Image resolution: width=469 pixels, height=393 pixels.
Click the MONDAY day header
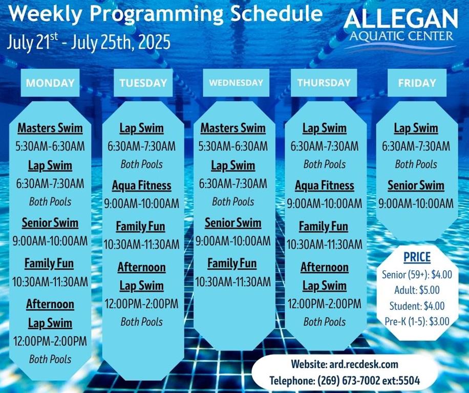coord(50,83)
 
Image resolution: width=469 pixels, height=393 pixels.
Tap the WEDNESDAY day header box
coord(236,83)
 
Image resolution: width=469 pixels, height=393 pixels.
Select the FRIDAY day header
coord(417,83)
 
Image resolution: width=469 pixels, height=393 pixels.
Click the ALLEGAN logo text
coord(401,18)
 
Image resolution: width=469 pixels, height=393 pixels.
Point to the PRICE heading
coord(417,257)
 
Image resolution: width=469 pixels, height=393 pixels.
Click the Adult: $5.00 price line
coord(417,290)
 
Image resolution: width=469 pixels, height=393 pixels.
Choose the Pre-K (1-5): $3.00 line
coord(417,321)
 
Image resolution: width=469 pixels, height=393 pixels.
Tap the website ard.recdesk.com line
coord(345,364)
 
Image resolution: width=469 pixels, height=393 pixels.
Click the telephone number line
coord(345,381)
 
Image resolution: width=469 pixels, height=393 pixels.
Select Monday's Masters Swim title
coord(50,128)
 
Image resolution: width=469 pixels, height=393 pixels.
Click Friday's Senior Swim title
coord(416,185)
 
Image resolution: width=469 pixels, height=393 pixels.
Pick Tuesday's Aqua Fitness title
coord(141,186)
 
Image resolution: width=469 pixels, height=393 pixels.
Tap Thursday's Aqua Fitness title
coord(325,186)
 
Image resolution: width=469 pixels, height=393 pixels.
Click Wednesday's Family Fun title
coord(232,264)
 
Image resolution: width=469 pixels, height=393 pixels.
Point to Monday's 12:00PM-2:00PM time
coord(50,341)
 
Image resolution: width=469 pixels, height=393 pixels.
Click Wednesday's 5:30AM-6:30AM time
coord(233,146)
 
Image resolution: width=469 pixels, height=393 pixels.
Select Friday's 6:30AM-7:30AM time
coord(416,146)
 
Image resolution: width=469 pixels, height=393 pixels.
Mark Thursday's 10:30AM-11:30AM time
coord(325,245)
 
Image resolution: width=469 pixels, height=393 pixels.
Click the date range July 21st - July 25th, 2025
coord(89,42)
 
